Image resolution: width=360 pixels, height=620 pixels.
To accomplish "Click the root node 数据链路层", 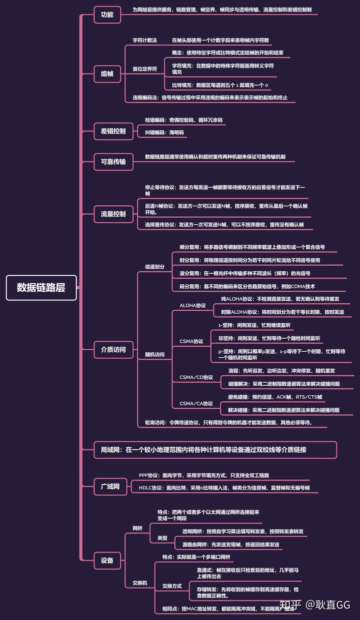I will point(41,288).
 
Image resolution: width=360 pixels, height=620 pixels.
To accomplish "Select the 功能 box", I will point(107,15).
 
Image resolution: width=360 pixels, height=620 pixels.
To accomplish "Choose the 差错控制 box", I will point(113,131).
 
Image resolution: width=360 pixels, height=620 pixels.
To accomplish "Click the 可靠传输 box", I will point(113,162).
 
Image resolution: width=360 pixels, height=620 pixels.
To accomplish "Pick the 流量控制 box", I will point(113,214).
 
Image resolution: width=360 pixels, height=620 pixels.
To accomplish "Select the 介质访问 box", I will point(113,350).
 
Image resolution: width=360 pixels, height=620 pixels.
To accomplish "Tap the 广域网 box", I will point(110,486).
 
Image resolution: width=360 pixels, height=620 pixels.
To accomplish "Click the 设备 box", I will point(107,561).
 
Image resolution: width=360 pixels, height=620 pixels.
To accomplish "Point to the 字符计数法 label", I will point(144,40).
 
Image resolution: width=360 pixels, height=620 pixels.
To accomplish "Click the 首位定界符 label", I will point(144,68).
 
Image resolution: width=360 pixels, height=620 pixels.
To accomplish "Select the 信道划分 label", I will point(154,267).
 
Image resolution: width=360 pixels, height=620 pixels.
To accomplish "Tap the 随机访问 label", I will point(154,355).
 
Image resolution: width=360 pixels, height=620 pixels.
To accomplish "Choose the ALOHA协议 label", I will point(192,305).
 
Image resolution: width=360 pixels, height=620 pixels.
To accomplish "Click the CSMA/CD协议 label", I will point(196,377).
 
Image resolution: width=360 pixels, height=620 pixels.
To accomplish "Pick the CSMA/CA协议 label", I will point(196,403).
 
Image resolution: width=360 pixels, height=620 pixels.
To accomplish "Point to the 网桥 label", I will point(137,528).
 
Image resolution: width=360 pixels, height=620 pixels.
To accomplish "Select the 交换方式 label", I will point(171,586).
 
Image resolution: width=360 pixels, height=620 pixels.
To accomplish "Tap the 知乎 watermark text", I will point(290,605).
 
